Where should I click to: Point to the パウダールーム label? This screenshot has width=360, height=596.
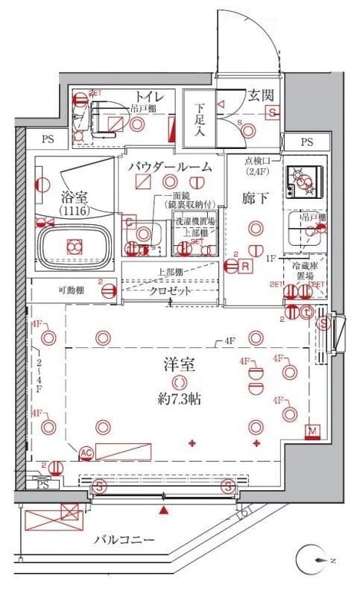pyautogui.click(x=174, y=165)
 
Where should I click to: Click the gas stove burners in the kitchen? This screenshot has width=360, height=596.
pyautogui.click(x=303, y=181)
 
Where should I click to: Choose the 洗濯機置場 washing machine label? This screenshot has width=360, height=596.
pyautogui.click(x=195, y=221)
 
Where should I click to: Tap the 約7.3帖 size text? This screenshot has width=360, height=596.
pyautogui.click(x=177, y=399)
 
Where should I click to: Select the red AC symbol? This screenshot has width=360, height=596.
pyautogui.click(x=86, y=452)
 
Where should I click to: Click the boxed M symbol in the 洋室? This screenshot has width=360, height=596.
pyautogui.click(x=312, y=431)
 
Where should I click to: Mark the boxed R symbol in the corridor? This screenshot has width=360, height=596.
pyautogui.click(x=245, y=265)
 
